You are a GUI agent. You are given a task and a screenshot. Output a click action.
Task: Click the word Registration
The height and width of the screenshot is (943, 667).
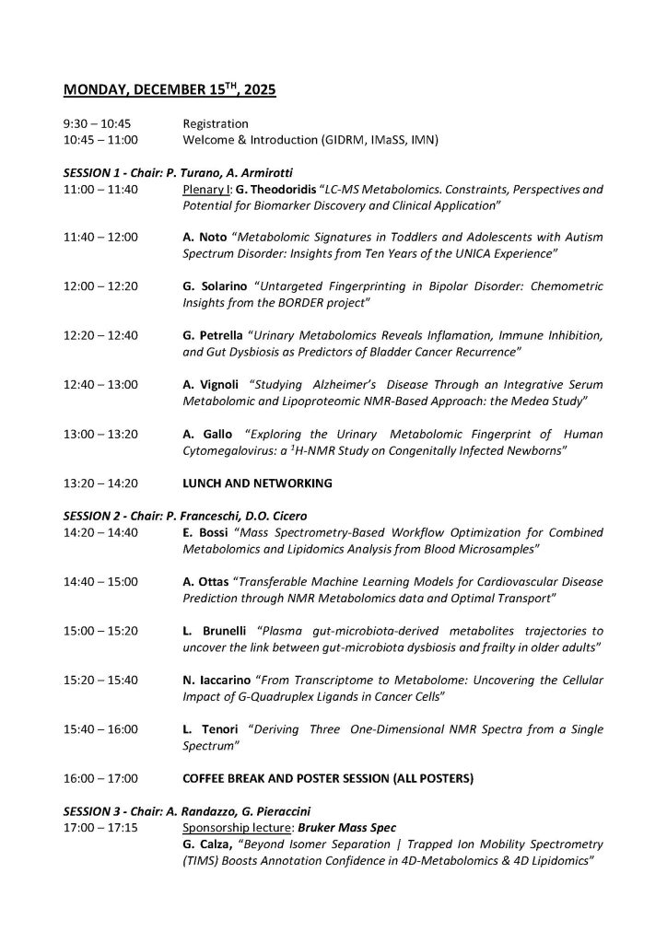216,123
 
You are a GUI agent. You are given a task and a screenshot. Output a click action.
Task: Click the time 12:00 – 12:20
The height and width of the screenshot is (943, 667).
100,285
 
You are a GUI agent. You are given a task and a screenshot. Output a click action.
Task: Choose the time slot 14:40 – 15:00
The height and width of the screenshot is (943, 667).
100,582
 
